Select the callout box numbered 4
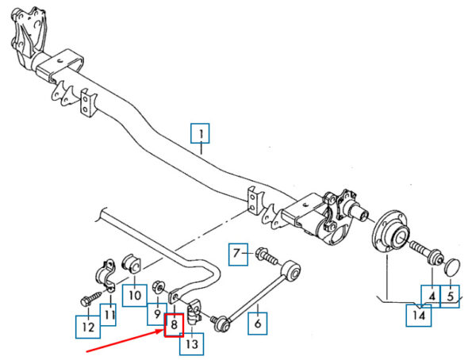pyautogui.click(x=432, y=297)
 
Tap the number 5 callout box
pyautogui.click(x=450, y=297)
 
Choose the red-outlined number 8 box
pyautogui.click(x=174, y=324)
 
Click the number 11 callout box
pyautogui.click(x=108, y=315)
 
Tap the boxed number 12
pyautogui.click(x=88, y=325)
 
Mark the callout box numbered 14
pyautogui.click(x=419, y=315)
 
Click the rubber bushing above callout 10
pyautogui.click(x=132, y=263)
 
